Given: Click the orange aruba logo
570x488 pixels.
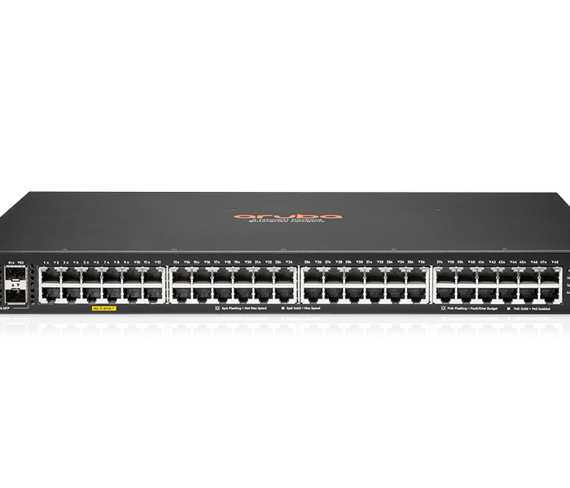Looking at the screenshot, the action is [285, 216].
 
